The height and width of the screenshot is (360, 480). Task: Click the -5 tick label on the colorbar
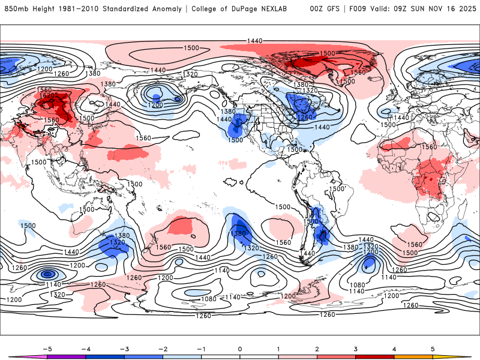coord(47,348)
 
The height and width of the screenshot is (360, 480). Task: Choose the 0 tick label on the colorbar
coord(240,348)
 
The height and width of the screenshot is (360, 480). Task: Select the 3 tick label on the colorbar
coord(355,348)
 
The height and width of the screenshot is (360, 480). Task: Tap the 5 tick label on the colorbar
coord(433,348)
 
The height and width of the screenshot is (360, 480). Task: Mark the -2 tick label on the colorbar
coord(163,348)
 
